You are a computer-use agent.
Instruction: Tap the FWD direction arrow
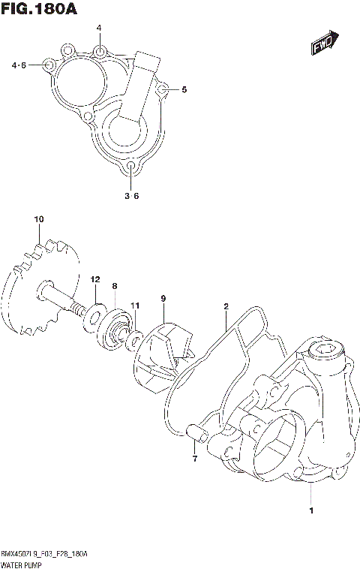[x=325, y=44]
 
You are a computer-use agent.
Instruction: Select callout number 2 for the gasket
[x=226, y=306]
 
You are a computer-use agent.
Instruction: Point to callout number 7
[x=193, y=458]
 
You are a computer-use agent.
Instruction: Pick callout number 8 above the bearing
[x=115, y=286]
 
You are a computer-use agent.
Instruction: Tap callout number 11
[x=135, y=305]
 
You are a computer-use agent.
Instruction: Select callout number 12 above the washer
[x=95, y=279]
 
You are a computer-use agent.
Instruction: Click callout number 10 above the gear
[x=38, y=219]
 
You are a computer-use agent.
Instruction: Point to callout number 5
[x=184, y=90]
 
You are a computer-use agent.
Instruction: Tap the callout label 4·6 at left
[x=19, y=66]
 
